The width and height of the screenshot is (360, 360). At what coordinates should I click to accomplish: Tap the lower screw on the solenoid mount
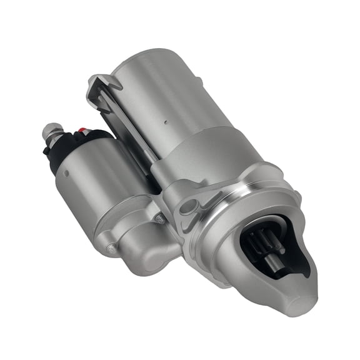coord(111,248)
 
